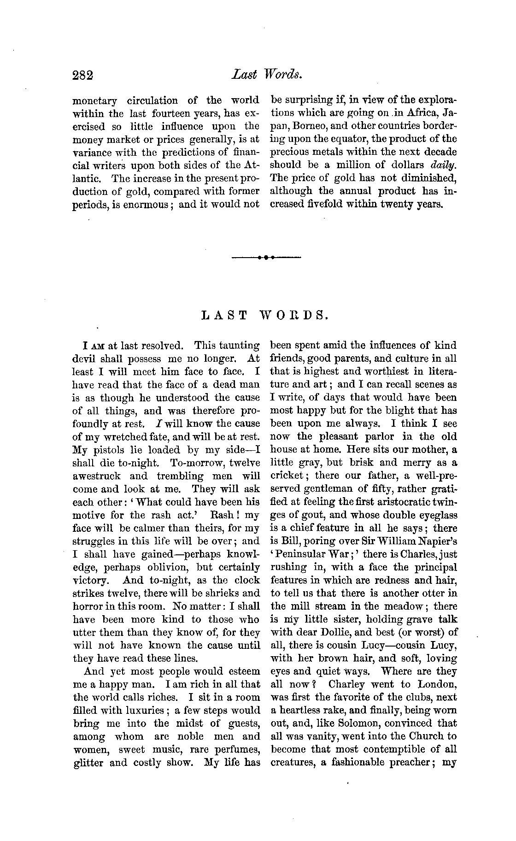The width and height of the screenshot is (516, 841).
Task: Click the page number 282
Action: pos(83,75)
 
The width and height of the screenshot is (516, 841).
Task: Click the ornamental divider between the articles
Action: pos(267,257)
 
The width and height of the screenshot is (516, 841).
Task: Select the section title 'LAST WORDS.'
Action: pos(266,316)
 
